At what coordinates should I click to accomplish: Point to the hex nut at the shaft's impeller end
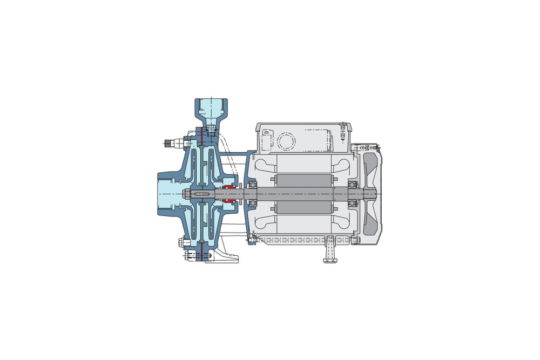pos(186,194)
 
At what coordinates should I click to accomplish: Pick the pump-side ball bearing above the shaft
pos(252,186)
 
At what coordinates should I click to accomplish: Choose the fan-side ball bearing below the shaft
pos(353,203)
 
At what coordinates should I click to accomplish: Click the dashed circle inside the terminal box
pos(286,141)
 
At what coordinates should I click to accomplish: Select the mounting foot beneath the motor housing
pos(330,253)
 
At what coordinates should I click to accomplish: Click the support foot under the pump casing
pos(224,257)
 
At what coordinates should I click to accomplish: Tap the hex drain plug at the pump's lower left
pos(180,242)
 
